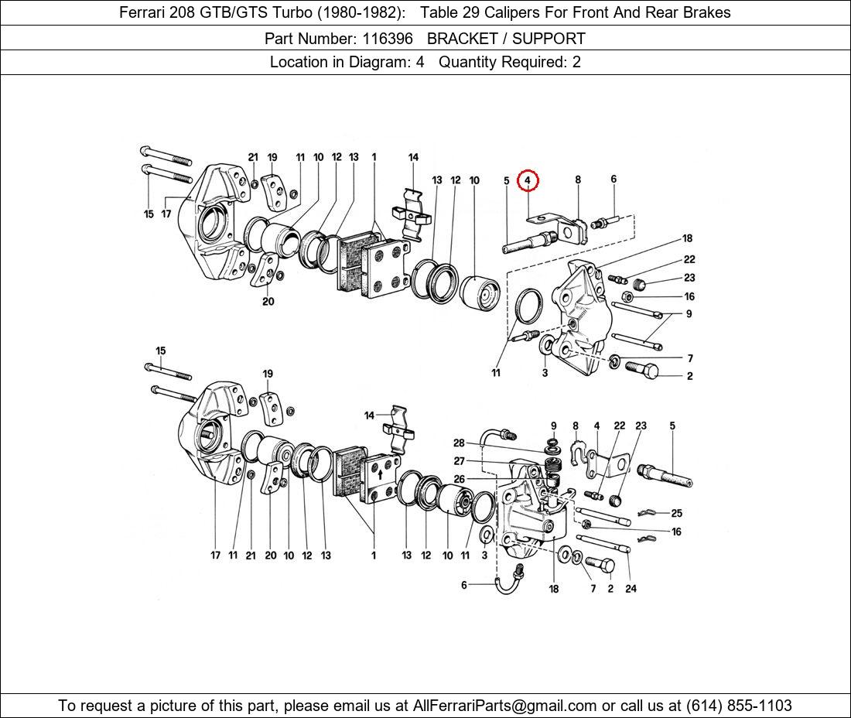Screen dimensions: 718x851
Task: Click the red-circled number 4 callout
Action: pos(527,180)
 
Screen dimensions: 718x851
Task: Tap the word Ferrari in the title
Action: pos(145,12)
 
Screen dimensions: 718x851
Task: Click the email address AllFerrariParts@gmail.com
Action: pos(505,706)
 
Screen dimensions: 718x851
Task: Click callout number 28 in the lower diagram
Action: pos(459,443)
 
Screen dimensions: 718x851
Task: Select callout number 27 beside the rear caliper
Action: pos(459,461)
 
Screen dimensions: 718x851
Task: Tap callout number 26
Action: pos(459,479)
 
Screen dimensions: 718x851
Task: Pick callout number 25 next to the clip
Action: pos(676,513)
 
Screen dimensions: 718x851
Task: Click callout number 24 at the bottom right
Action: pos(631,588)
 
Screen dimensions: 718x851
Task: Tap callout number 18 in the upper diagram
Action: pos(687,238)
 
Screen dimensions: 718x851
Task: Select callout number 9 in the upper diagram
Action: pos(689,314)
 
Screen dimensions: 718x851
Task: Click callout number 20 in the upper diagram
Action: pos(268,302)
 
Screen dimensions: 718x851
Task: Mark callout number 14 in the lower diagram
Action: pos(369,416)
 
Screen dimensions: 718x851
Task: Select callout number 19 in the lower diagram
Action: pos(268,374)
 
